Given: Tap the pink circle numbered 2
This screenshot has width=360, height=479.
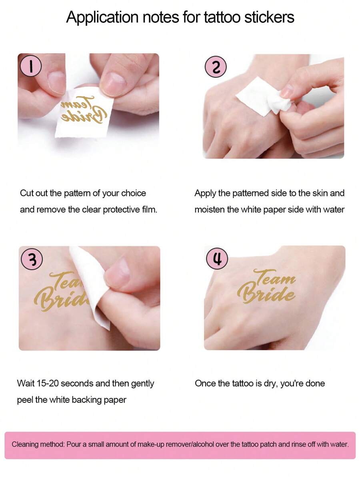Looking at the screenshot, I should tap(216, 67).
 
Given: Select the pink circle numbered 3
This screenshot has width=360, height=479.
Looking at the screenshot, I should tap(32, 259).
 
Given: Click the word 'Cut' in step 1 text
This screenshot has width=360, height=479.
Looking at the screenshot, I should tap(26, 193).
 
